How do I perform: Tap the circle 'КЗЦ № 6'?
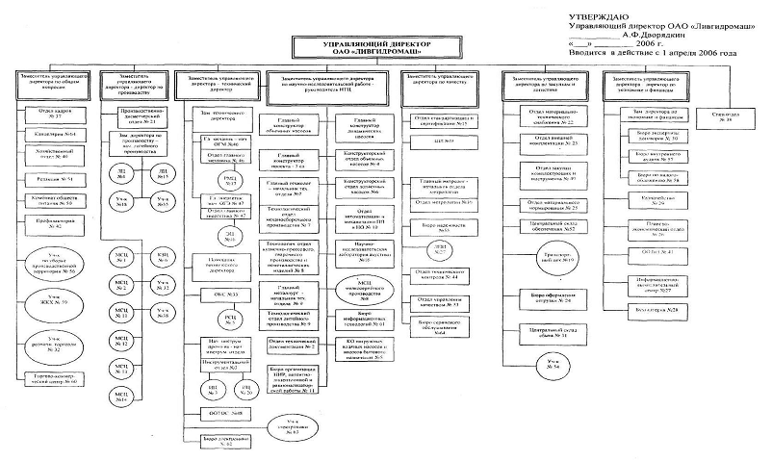[164, 261]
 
